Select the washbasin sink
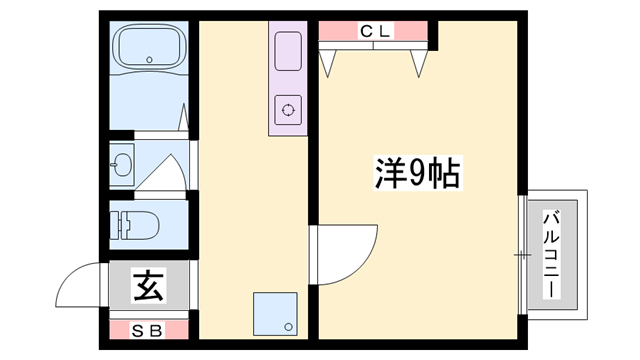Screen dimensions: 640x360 tap(123, 166)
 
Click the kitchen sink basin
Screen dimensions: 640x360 tap(287, 51)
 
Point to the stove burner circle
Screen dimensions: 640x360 tap(288, 110)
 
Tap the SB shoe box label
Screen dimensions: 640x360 tap(147, 329)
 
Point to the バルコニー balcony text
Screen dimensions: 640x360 tap(551, 255)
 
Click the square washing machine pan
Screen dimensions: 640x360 tap(276, 312)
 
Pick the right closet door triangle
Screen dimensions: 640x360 tap(420, 60)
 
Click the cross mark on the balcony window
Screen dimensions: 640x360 tap(521, 255)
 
